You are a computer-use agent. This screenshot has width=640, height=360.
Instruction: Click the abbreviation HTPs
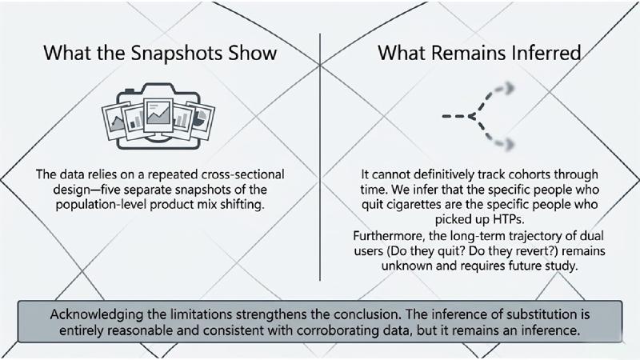pyautogui.click(x=508, y=219)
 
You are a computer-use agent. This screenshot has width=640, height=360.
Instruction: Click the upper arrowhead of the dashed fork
pyautogui.click(x=509, y=88)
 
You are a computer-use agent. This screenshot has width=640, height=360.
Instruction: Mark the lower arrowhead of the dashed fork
pyautogui.click(x=509, y=143)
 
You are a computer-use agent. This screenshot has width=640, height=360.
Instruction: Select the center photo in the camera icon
pyautogui.click(x=158, y=114)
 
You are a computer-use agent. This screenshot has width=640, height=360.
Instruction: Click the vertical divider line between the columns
pyautogui.click(x=319, y=157)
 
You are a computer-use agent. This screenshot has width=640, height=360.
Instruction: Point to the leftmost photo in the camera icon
pyautogui.click(x=114, y=122)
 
